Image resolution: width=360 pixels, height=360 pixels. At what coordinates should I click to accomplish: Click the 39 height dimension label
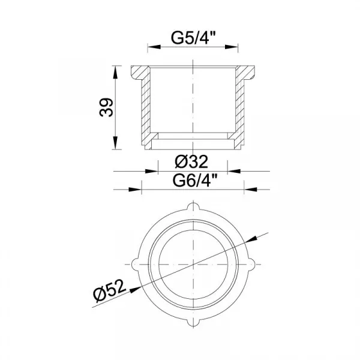pos(106,107)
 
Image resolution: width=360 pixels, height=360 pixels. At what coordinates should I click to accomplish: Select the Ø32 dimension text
pos(191,161)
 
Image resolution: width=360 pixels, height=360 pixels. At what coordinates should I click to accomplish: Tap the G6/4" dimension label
pos(194,181)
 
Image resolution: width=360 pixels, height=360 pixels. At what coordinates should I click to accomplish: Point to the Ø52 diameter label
pos(110,290)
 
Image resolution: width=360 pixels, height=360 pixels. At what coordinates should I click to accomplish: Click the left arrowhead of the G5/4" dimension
pos(154,47)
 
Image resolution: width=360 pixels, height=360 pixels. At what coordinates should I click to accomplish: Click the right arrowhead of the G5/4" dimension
pos(232,47)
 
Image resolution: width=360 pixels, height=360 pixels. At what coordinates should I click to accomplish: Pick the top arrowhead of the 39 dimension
pos(115,72)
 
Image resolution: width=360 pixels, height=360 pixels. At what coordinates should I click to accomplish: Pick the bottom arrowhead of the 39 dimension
pos(115,143)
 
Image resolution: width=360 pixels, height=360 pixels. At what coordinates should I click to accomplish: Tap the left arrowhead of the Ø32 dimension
pos(152,171)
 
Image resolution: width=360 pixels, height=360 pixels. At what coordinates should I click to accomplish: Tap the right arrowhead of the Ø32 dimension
pos(234,171)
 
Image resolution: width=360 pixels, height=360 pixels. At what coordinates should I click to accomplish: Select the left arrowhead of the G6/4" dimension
pos(135,190)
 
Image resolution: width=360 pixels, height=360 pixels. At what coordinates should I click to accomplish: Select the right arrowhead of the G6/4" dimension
pos(250,190)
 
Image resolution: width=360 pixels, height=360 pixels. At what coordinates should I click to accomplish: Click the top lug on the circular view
pos(193,206)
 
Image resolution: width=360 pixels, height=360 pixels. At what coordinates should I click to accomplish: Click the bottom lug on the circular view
pos(193,322)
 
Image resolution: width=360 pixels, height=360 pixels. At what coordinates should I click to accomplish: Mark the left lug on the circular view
pos(135,264)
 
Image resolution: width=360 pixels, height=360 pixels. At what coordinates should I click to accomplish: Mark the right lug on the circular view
pos(251,264)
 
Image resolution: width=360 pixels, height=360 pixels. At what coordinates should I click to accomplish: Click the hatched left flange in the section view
pos(140,73)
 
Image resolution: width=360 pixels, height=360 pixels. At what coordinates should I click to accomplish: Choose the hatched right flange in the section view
pos(245,73)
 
